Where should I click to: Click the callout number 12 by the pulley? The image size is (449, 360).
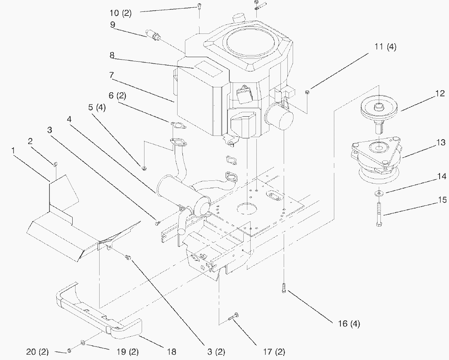(440, 94)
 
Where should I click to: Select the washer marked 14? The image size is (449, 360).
(379, 192)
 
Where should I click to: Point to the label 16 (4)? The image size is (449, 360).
(349, 324)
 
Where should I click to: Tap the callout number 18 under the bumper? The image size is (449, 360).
(172, 352)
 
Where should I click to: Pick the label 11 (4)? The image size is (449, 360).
(385, 47)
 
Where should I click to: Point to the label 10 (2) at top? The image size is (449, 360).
(120, 13)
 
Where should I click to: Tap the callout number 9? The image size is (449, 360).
(112, 24)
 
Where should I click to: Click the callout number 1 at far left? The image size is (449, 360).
(13, 151)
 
